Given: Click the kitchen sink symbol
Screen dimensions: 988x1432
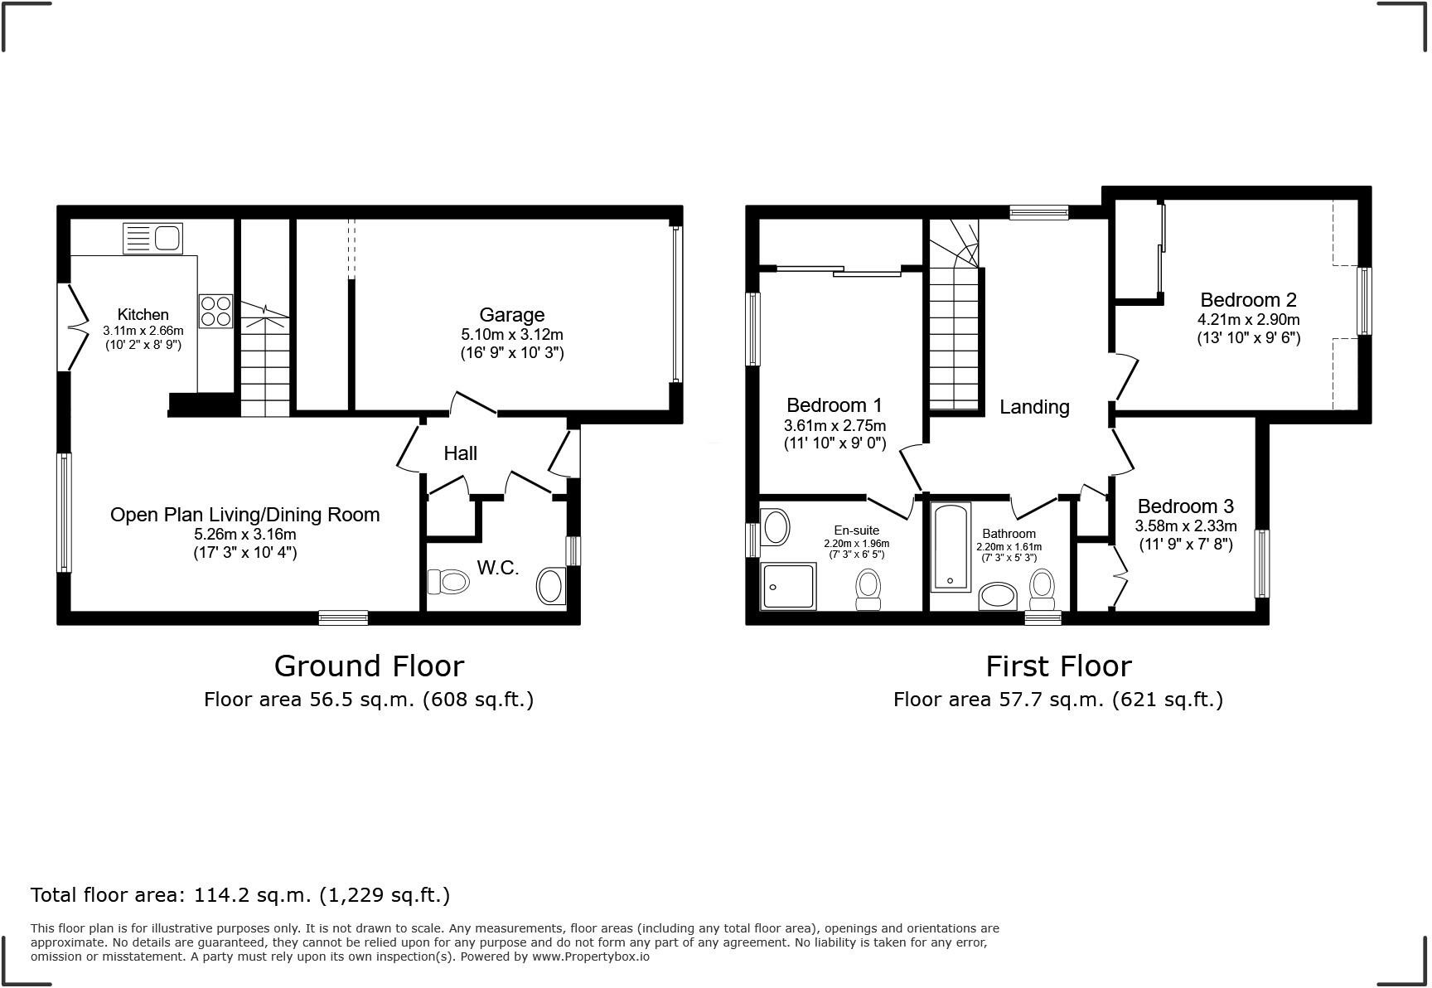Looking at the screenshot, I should pos(152,239).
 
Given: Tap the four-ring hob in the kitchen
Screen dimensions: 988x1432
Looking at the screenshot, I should pos(215,312).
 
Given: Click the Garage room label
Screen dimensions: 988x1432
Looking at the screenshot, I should pos(511,315).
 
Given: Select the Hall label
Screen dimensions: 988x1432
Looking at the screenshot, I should pos(460,453).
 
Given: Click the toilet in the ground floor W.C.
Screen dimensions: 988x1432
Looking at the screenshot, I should pos(448,582).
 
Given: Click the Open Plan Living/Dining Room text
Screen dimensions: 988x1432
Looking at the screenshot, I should pos(244,515).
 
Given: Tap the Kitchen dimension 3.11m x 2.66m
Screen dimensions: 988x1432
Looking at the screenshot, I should pos(143,330).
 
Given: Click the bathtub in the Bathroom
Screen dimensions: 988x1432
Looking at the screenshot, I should pos(951,546).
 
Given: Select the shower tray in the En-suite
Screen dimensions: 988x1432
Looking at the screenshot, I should pos(788,586).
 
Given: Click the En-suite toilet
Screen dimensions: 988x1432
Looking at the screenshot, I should pos(868,588).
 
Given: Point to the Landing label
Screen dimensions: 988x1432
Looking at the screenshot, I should pos(1033,407).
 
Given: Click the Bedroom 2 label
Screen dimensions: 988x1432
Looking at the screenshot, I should pos(1248,300).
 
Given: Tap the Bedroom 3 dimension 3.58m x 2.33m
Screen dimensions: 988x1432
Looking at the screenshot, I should pos(1185,525).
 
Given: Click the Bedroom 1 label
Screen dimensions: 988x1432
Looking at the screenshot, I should pos(834,405).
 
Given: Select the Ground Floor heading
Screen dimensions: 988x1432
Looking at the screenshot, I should pos(369,666).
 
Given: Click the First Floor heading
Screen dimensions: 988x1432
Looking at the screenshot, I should pos(1057,666).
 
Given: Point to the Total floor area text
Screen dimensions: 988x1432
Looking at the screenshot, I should pos(240,895).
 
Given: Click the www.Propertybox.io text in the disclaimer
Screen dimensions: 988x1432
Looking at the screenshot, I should pos(590,957).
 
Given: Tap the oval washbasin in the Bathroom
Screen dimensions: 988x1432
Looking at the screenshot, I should pos(998,596).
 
